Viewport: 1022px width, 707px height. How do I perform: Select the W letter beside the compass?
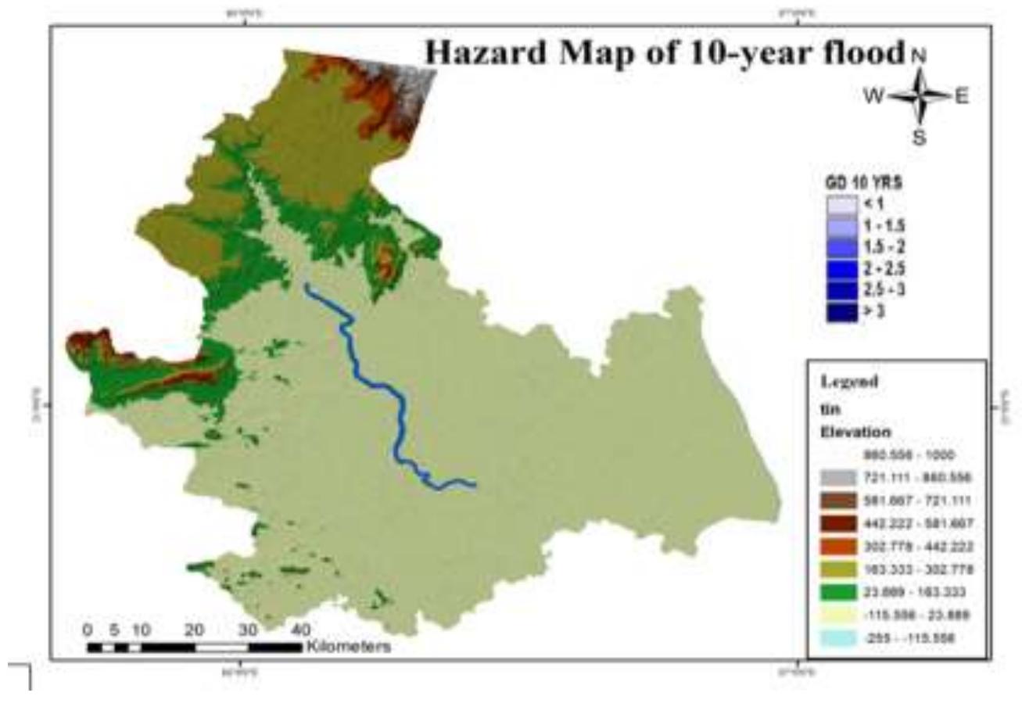point(873,96)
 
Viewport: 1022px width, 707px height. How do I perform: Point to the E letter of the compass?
point(962,96)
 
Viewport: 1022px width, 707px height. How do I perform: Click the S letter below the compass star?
point(920,138)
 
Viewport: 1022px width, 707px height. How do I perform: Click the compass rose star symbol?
point(920,96)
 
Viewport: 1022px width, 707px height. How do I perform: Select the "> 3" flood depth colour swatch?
point(841,311)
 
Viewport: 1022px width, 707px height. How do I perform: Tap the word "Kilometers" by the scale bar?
point(349,648)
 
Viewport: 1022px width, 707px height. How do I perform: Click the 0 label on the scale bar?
point(87,630)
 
